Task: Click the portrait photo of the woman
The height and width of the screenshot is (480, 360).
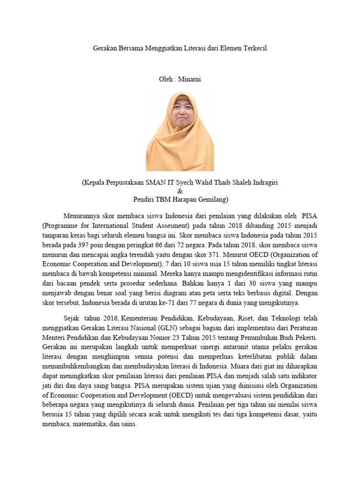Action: coord(180,131)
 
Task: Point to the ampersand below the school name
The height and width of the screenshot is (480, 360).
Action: coord(180,191)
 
